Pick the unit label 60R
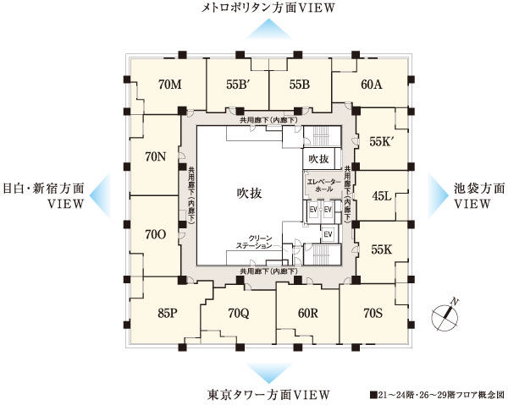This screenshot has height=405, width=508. pyautogui.click(x=308, y=314)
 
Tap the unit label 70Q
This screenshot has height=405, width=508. pyautogui.click(x=240, y=314)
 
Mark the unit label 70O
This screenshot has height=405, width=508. pyautogui.click(x=155, y=233)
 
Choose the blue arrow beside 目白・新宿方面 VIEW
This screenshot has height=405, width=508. pyautogui.click(x=99, y=193)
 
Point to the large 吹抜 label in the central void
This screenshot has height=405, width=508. pyautogui.click(x=249, y=194)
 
